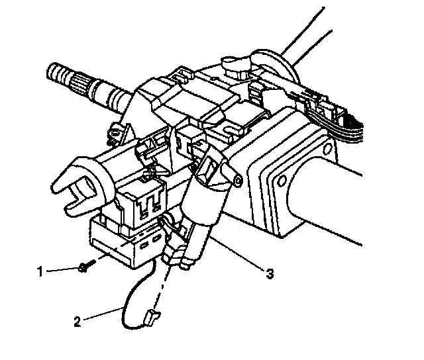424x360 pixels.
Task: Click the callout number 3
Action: click(269, 271)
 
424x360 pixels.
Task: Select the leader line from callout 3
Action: click(242, 255)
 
